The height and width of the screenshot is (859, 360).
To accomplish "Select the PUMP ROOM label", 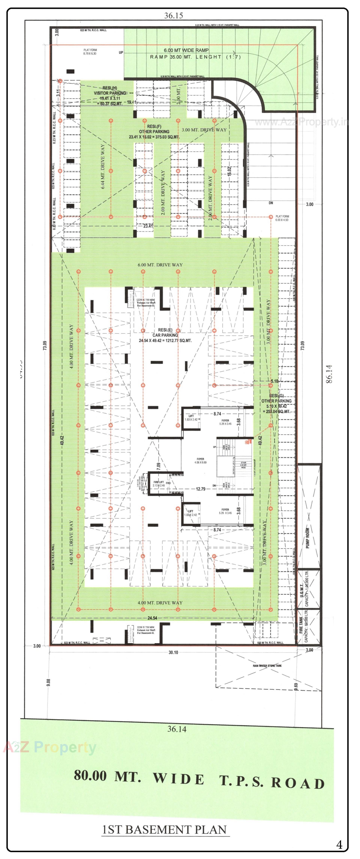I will point(307,537).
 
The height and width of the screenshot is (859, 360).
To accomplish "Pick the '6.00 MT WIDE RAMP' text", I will point(186,50).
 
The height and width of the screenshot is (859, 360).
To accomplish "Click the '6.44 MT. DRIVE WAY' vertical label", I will point(103,166).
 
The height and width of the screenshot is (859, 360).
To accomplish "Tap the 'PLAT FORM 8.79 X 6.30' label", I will point(90,52).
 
